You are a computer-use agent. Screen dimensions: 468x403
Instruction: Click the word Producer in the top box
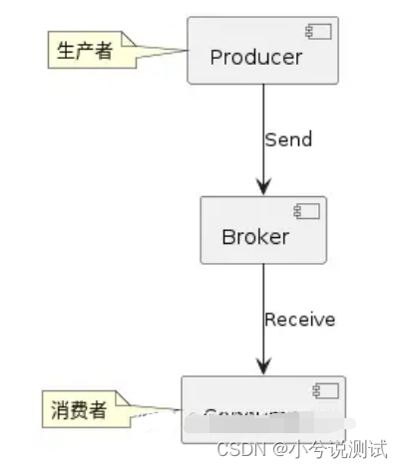255,57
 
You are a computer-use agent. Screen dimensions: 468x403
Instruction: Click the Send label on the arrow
288,139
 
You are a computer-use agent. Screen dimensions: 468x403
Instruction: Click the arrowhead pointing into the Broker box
263,185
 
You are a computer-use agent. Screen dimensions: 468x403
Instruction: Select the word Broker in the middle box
255,237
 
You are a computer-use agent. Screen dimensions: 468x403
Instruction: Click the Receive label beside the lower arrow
299,320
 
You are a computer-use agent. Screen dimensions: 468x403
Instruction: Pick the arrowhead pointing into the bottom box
263,365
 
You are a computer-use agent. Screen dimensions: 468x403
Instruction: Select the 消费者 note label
79,410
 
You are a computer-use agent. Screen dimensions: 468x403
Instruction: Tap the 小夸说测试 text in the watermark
336,450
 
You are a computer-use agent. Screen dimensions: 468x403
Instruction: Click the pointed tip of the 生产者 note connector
188,50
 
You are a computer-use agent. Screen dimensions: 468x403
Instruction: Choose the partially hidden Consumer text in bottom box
250,416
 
